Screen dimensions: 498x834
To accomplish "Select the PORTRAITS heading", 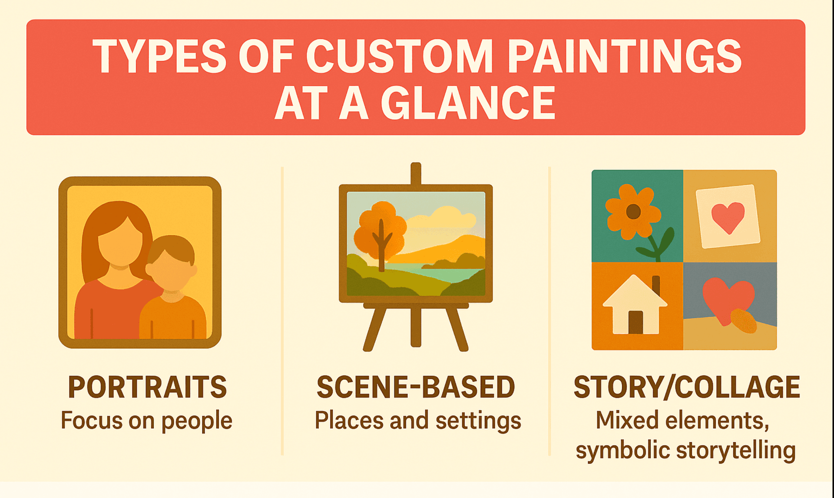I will (147, 387).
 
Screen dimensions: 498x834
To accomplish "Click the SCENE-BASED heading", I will (416, 387).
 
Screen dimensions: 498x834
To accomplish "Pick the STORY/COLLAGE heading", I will (686, 387).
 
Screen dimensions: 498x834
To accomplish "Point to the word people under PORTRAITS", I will (197, 421).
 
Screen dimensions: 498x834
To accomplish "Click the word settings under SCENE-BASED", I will (478, 421).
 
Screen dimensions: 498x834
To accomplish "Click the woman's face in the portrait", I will (120, 243).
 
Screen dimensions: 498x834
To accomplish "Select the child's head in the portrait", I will (171, 265).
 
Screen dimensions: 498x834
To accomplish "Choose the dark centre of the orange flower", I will (633, 212).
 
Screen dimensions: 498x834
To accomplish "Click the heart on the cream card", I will (728, 217).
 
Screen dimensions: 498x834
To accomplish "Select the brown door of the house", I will (635, 322).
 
